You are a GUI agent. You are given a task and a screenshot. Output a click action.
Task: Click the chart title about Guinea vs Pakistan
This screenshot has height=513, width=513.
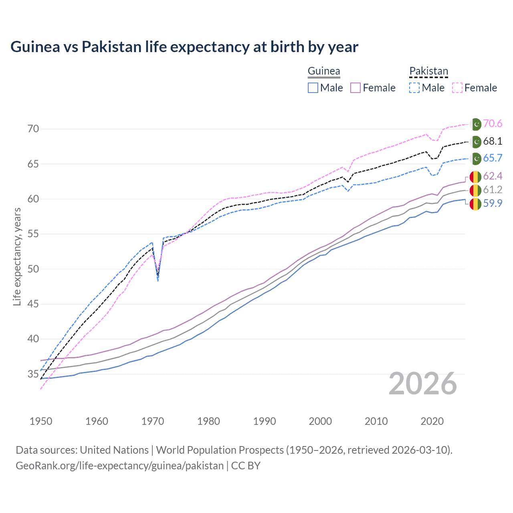184,47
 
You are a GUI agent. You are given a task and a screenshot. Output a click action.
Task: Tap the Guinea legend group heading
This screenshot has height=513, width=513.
324,71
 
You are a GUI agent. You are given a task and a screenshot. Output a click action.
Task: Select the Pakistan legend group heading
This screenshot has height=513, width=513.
428,71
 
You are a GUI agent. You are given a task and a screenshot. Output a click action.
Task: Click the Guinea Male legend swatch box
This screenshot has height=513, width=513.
313,88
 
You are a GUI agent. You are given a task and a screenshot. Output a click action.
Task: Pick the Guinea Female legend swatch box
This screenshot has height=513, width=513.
355,88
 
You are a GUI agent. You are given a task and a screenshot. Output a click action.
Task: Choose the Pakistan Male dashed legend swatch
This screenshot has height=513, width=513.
414,88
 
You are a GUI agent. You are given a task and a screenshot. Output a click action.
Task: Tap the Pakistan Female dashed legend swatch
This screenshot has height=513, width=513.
457,88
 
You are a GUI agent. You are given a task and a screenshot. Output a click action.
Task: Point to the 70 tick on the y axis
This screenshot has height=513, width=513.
33,129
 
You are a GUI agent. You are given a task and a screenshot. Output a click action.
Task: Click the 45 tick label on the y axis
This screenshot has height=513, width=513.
33,304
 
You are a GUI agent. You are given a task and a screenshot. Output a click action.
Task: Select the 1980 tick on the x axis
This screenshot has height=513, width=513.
208,421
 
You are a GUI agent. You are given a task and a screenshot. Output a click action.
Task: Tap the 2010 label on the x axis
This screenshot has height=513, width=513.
376,421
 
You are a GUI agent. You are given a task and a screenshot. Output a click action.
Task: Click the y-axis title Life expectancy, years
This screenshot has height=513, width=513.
17,256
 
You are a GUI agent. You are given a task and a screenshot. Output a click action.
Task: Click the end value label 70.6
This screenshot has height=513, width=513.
493,124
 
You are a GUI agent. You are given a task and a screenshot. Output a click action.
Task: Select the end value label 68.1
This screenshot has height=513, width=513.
493,141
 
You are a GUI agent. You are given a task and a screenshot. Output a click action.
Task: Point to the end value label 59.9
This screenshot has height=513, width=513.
493,204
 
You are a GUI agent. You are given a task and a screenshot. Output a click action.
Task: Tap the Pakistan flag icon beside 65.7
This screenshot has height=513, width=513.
476,158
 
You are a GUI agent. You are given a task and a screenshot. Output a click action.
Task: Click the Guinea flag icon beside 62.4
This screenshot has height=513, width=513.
475,176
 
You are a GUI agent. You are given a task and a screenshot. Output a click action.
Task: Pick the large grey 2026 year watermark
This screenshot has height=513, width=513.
423,384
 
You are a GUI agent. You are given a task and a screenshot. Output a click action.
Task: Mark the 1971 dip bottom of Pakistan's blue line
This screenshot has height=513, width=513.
158,281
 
